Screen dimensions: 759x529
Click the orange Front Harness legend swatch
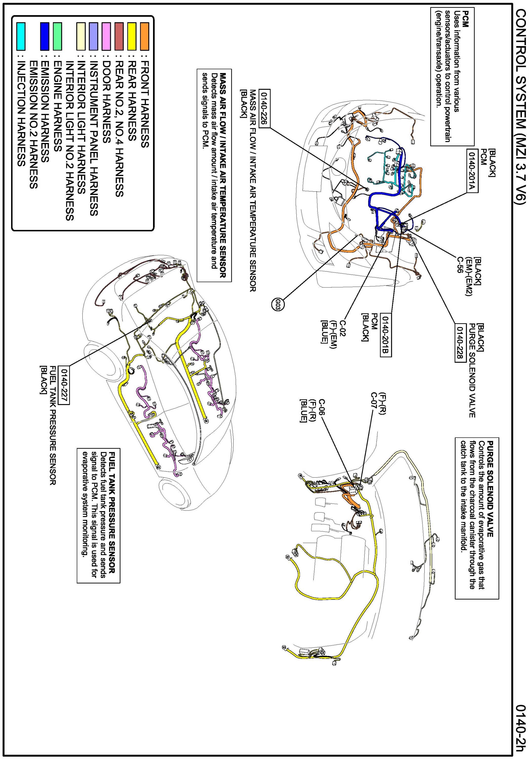(144, 36)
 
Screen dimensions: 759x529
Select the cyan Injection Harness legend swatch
(21, 36)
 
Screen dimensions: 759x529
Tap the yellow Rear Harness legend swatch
(132, 36)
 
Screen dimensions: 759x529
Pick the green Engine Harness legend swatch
(58, 36)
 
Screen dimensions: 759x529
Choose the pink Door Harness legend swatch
(106, 36)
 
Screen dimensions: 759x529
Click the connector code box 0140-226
(264, 108)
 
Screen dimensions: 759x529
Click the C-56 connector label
(460, 264)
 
